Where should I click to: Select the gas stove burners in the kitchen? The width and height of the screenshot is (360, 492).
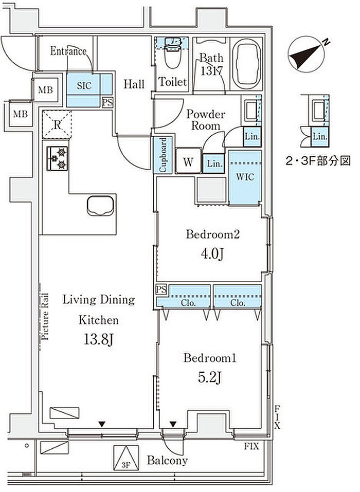click(x=58, y=158)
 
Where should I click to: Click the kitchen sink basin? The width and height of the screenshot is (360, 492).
click(x=100, y=206)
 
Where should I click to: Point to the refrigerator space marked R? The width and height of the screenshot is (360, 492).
click(x=57, y=124)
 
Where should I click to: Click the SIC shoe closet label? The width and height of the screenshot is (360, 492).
click(x=84, y=86)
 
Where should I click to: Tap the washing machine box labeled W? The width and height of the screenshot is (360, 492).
click(x=188, y=160)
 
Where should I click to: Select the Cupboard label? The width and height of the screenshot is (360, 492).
click(x=163, y=155)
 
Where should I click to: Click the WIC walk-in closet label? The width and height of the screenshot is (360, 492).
click(x=245, y=177)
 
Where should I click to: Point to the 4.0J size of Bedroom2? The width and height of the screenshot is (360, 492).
click(x=212, y=253)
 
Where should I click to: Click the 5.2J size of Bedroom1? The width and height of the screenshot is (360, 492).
click(x=210, y=377)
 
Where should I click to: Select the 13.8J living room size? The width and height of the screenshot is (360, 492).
click(x=98, y=339)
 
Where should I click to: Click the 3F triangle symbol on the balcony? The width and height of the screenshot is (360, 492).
click(x=126, y=458)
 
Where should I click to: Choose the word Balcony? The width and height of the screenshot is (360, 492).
click(x=167, y=460)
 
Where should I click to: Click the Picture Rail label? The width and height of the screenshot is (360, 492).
click(x=45, y=316)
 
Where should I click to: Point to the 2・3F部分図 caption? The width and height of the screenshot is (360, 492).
click(x=318, y=161)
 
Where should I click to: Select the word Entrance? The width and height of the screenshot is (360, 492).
click(x=68, y=51)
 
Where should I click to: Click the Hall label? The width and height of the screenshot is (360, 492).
click(x=134, y=84)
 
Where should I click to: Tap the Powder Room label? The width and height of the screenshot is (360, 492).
click(x=206, y=120)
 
